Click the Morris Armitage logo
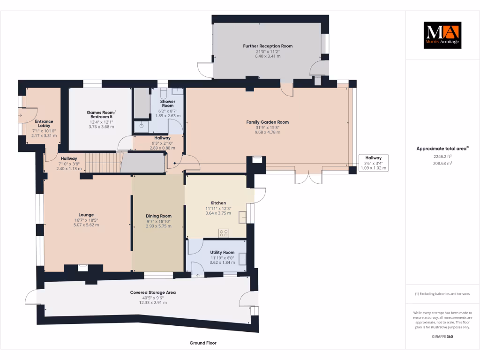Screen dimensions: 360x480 pyautogui.click(x=442, y=35)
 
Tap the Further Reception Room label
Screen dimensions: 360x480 pyautogui.click(x=268, y=46)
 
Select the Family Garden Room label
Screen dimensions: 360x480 pyautogui.click(x=267, y=122)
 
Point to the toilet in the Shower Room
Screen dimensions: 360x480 pyautogui.click(x=164, y=92)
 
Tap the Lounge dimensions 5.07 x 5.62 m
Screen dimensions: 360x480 pyautogui.click(x=86, y=225)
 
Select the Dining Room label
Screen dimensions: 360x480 pyautogui.click(x=158, y=216)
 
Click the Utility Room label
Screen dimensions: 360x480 pyautogui.click(x=222, y=252)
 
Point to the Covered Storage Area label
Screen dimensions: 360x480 pyautogui.click(x=153, y=292)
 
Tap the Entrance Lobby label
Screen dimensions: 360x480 pyautogui.click(x=44, y=124)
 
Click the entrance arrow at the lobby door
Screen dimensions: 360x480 pyautogui.click(x=21, y=114)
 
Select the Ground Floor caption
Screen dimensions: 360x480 pyautogui.click(x=203, y=343)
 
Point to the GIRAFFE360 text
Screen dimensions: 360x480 pyautogui.click(x=442, y=337)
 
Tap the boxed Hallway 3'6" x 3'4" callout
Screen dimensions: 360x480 pyautogui.click(x=373, y=163)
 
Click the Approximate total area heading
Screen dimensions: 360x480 pyautogui.click(x=442, y=149)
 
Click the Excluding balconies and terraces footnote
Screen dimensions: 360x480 pyautogui.click(x=442, y=294)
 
